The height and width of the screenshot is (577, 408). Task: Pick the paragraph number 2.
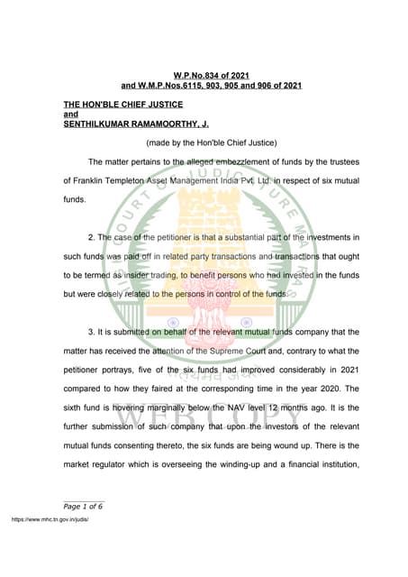coord(92,237)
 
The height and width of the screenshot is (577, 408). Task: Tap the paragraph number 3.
coord(92,332)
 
